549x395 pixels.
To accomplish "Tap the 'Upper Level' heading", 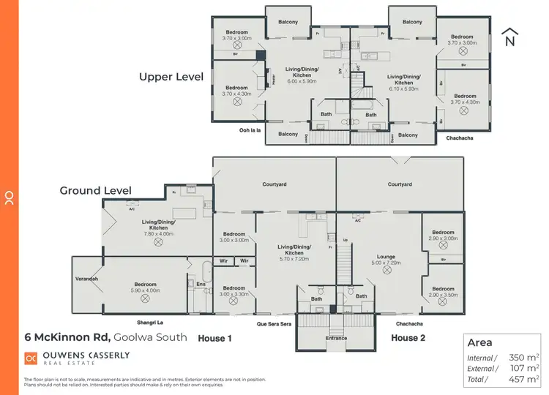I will [171, 76].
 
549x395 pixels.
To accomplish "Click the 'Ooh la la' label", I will [250, 131].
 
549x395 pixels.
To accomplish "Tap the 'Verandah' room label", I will [86, 279].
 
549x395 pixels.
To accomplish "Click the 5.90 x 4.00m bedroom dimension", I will [145, 290].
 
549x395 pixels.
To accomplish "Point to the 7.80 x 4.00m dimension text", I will [158, 233].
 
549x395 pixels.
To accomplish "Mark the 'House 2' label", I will [408, 338].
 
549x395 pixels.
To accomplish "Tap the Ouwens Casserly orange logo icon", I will [31, 358].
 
